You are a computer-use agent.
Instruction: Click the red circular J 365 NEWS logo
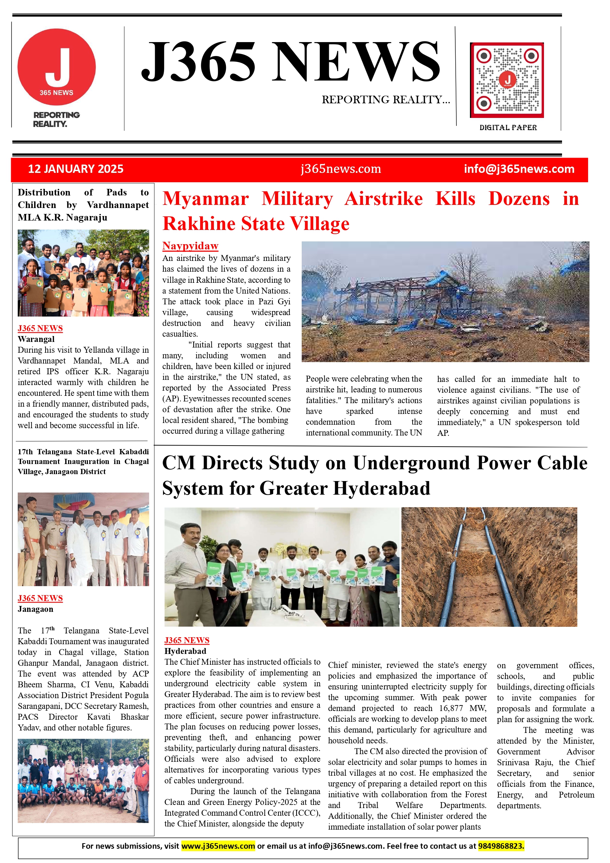click(56, 67)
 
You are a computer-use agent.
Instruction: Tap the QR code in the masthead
click(507, 80)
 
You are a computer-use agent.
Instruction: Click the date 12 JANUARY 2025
click(75, 169)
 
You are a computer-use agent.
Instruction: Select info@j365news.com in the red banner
click(519, 169)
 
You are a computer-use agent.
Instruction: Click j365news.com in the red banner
click(341, 169)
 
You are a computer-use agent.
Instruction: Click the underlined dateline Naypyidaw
click(190, 246)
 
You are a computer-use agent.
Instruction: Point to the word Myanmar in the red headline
click(205, 199)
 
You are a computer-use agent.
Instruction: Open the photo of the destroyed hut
click(445, 302)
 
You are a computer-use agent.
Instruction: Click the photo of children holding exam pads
click(83, 273)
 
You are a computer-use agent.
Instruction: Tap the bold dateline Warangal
click(36, 339)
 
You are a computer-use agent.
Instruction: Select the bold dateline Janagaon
click(35, 609)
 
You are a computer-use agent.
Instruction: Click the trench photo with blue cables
click(489, 567)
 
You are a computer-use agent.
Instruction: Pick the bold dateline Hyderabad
click(186, 651)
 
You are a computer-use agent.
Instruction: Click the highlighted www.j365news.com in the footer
click(218, 846)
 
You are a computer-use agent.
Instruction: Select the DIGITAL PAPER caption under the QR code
click(508, 127)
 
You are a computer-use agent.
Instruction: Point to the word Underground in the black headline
click(412, 463)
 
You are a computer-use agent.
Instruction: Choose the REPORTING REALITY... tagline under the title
click(386, 99)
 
